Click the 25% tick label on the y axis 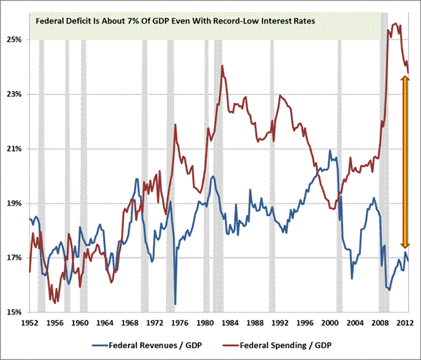[15, 40]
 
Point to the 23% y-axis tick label [15, 94]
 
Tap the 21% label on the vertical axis [15, 149]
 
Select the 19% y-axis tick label [15, 204]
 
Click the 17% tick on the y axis [15, 258]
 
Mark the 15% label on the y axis [15, 312]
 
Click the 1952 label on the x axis [30, 322]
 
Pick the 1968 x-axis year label [128, 322]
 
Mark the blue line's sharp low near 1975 [175, 303]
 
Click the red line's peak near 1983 [222, 65]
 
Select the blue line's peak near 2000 [330, 150]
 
